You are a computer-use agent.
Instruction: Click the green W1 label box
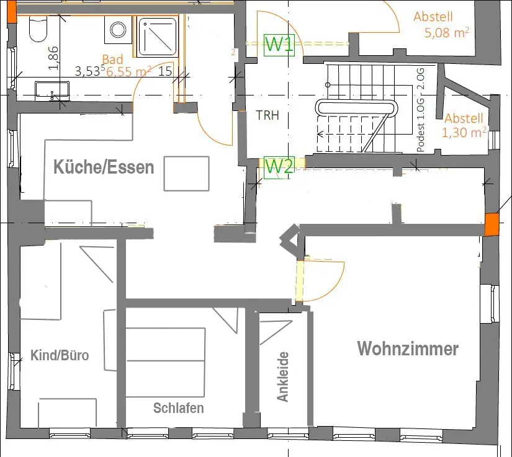pyautogui.click(x=279, y=45)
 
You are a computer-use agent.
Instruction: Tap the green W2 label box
pyautogui.click(x=279, y=167)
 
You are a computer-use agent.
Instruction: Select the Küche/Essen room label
pyautogui.click(x=104, y=167)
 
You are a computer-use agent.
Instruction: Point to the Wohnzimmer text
pyautogui.click(x=408, y=348)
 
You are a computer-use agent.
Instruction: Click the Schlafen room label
pyautogui.click(x=179, y=408)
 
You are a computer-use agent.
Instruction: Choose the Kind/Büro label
pyautogui.click(x=60, y=355)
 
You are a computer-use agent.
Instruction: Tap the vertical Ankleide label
pyautogui.click(x=283, y=377)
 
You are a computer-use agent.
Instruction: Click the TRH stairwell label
pyautogui.click(x=267, y=115)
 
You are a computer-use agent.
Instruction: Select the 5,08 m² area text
pyautogui.click(x=447, y=33)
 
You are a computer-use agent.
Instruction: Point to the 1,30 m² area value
pyautogui.click(x=464, y=133)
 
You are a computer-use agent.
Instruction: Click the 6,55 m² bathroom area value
pyautogui.click(x=128, y=71)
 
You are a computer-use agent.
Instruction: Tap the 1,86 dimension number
pyautogui.click(x=53, y=58)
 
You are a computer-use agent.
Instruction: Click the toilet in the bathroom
pyautogui.click(x=38, y=29)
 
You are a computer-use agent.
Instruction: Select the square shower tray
pyautogui.click(x=158, y=37)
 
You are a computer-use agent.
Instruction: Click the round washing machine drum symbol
pyautogui.click(x=118, y=30)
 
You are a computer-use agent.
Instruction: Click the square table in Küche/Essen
pyautogui.click(x=186, y=174)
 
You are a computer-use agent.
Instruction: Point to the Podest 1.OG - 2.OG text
pyautogui.click(x=421, y=110)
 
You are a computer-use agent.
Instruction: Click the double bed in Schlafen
pyautogui.click(x=166, y=362)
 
